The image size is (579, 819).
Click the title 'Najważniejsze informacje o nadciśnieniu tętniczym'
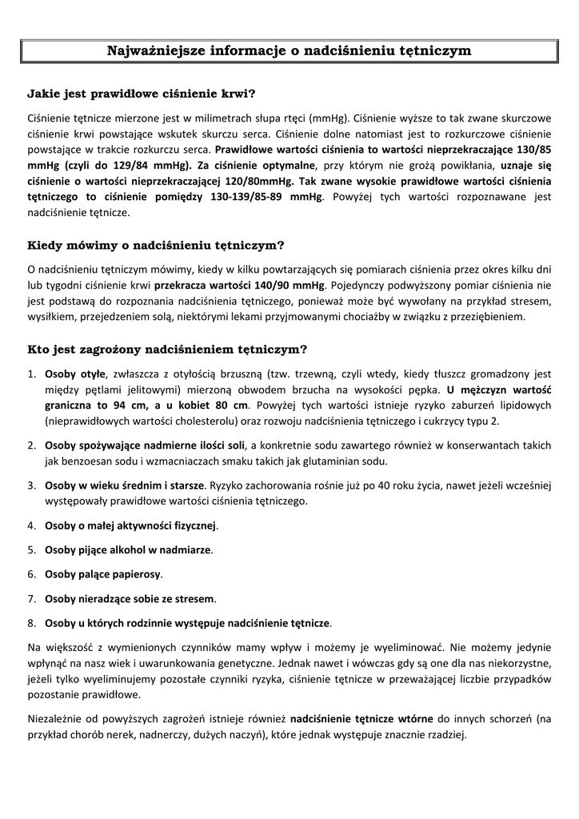tap(289, 51)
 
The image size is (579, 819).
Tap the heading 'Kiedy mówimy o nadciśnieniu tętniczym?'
tap(156, 245)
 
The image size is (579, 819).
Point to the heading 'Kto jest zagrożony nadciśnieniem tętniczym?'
tap(167, 350)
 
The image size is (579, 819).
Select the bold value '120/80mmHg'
tap(266, 181)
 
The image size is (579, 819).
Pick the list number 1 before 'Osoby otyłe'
tap(31, 374)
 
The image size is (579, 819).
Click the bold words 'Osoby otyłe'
tap(75, 374)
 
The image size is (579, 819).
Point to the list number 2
tap(31, 445)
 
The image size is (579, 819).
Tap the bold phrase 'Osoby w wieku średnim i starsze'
tap(125, 485)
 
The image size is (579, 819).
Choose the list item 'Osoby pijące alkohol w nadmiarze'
tap(128, 549)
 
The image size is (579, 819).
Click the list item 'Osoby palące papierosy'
tap(103, 574)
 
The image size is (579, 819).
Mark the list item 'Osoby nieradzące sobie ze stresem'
tap(130, 598)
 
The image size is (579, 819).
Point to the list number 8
tap(31, 622)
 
